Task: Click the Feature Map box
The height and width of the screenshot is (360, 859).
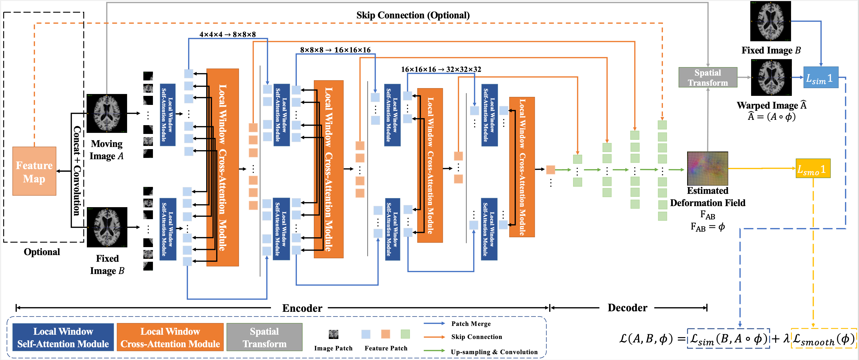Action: [x=34, y=171]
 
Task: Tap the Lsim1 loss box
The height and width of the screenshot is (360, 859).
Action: [x=820, y=78]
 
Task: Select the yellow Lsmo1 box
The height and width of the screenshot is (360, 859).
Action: [x=813, y=168]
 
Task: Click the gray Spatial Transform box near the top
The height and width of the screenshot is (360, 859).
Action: [x=708, y=77]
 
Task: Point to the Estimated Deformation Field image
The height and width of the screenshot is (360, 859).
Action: [x=707, y=168]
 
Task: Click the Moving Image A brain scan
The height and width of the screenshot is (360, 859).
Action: [x=107, y=113]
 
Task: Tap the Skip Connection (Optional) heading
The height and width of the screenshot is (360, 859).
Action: [x=413, y=15]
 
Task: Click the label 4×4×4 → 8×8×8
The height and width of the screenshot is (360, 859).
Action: [x=228, y=34]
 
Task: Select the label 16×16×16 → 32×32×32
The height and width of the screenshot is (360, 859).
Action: [x=441, y=69]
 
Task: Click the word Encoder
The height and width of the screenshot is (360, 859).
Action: [x=302, y=308]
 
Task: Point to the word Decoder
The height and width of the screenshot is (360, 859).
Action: [x=627, y=308]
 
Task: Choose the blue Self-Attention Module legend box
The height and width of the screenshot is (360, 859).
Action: [x=63, y=337]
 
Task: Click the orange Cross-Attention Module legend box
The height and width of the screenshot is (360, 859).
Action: [x=170, y=337]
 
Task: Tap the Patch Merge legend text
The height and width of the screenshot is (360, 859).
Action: [x=471, y=324]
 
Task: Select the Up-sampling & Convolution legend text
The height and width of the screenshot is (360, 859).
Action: [x=494, y=352]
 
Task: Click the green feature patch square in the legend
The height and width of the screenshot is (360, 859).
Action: [x=405, y=334]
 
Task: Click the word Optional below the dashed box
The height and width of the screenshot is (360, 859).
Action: [x=42, y=252]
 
